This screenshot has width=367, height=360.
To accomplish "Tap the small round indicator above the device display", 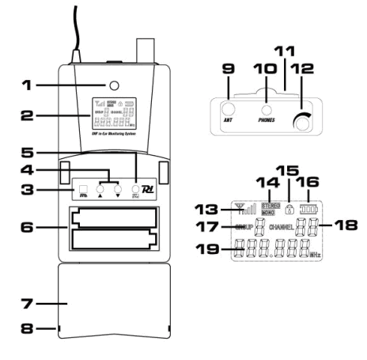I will coord(114,85).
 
